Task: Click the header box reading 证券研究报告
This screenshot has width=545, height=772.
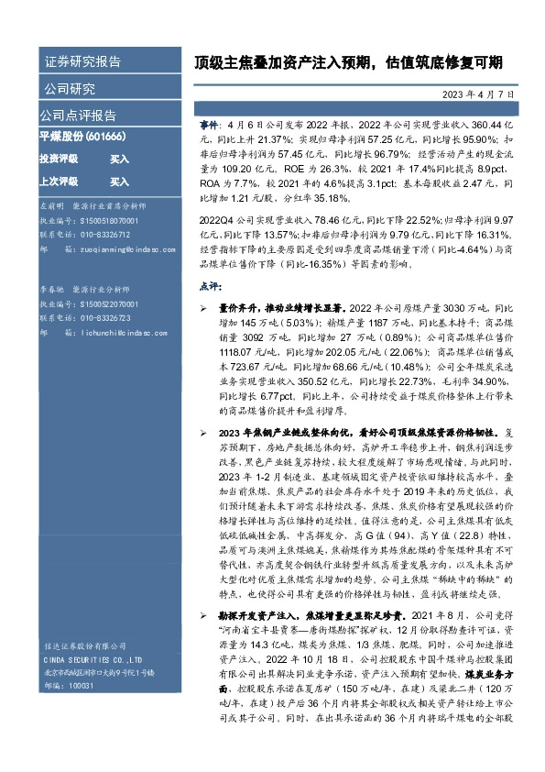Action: pos(82,62)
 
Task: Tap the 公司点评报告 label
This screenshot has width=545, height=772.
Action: pos(77,116)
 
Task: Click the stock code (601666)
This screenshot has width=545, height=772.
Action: pos(105,136)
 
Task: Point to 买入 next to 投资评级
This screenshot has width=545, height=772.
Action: pos(119,159)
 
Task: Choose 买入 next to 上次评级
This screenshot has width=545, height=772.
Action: pos(119,182)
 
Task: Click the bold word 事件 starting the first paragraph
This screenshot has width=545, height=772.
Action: pos(209,122)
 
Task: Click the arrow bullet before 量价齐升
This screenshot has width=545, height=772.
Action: pos(203,309)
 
